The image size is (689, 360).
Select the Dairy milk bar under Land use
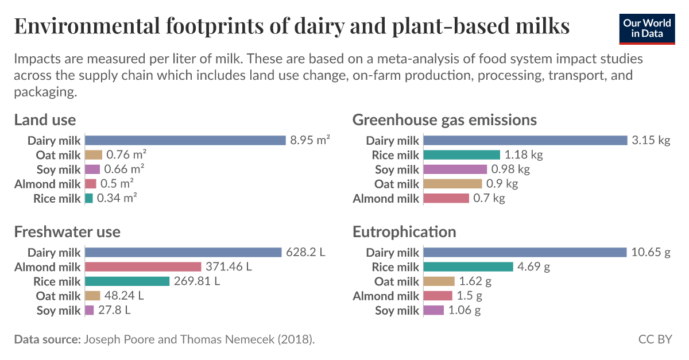click(x=185, y=141)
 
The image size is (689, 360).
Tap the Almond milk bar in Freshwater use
click(x=144, y=267)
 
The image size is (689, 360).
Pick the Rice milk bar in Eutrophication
click(x=468, y=267)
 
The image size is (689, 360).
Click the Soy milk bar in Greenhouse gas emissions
click(x=455, y=169)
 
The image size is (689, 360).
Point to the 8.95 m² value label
click(x=310, y=141)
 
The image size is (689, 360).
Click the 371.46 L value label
click(x=229, y=267)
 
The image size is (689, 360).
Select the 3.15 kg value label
click(x=651, y=141)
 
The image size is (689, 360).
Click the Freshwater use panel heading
click(x=67, y=231)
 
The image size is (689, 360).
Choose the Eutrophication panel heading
click(x=404, y=231)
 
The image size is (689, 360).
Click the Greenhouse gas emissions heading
click(x=444, y=119)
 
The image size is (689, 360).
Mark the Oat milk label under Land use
click(x=58, y=155)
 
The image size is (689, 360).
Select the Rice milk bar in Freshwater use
click(x=127, y=281)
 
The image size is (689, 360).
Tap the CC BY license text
click(x=655, y=339)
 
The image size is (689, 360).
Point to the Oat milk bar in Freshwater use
click(x=92, y=296)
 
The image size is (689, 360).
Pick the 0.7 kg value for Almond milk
click(x=489, y=198)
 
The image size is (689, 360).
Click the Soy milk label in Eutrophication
click(x=397, y=311)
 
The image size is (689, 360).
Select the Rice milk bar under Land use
click(x=89, y=198)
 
